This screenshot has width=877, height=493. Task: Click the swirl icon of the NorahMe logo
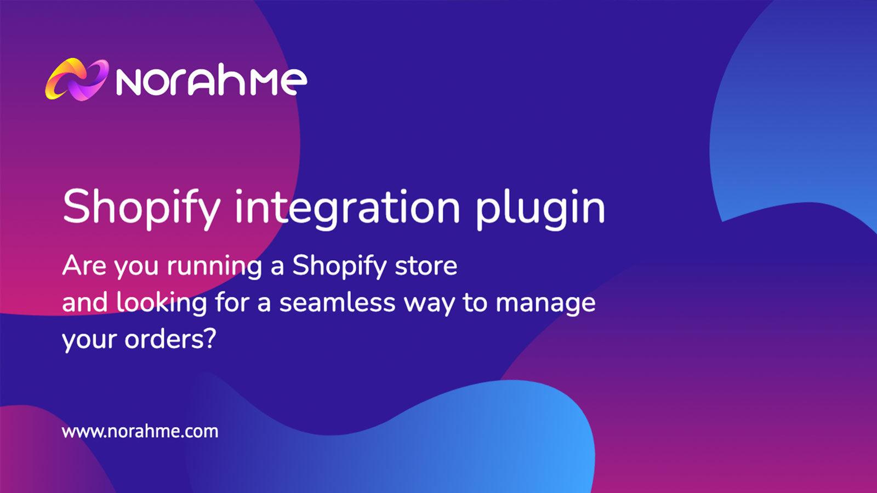(76, 80)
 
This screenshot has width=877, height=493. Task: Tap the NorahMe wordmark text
(212, 82)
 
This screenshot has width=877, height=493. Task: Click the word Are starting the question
(84, 266)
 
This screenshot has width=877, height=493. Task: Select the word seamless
(337, 302)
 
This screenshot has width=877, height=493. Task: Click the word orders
(165, 339)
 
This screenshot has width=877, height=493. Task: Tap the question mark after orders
(211, 339)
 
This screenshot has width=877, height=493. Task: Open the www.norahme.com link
(140, 432)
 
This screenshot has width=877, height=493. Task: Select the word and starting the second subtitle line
(85, 302)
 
